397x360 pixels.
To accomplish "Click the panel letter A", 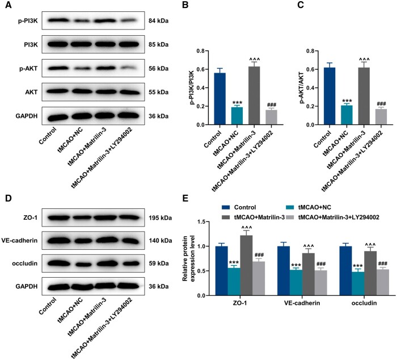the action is coord(8,5).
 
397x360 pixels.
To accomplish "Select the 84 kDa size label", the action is coord(158,21).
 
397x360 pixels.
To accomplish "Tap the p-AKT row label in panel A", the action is coord(28,69).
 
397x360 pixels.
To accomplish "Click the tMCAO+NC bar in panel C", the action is coord(347,115).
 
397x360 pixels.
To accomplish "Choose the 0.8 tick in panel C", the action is coord(310,51).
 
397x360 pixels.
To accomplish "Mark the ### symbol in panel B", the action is coord(271,105).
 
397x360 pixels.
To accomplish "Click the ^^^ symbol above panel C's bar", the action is coord(364,60).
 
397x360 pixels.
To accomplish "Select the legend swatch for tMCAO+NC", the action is coord(291,207).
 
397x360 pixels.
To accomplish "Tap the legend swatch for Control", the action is coord(226,207).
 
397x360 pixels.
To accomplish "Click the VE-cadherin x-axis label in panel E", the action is coord(303,303).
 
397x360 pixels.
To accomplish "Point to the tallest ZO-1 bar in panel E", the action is coord(246,265).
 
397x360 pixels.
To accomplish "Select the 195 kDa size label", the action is coord(161,218).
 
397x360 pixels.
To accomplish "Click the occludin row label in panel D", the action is coord(24,263).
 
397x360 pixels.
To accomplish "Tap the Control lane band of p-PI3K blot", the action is coord(55,20).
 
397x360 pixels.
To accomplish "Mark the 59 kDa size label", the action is coord(158,263).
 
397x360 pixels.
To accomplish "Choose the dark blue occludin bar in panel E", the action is coord(345,271).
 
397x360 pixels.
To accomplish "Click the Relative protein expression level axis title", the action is coord(189,258).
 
